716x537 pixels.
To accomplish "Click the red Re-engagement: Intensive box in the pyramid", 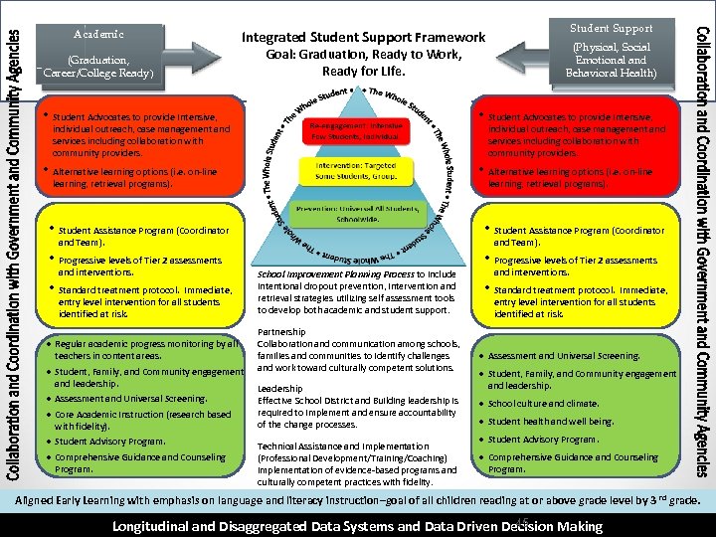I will point(357,132).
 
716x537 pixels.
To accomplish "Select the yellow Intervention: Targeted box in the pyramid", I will point(357,170).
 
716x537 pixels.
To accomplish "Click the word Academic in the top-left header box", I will point(98,34).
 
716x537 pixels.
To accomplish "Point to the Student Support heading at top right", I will point(611,28).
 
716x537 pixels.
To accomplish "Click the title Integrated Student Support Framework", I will point(364,38).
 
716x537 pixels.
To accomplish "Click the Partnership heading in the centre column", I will point(281,332).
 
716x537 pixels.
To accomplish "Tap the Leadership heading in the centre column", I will point(280,389).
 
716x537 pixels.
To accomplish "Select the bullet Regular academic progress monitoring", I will point(147,349).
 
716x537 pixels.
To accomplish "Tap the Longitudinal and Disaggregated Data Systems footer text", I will point(358,526).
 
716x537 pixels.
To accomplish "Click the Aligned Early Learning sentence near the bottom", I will point(358,501).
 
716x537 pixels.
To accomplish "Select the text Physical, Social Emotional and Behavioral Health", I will point(611,60).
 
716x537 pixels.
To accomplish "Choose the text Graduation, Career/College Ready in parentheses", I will point(98,66).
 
